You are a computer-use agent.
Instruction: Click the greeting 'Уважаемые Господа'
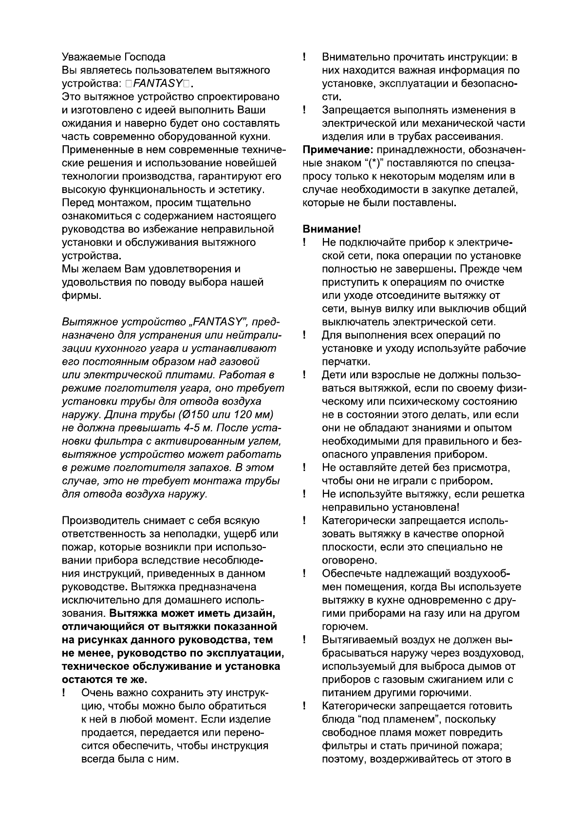pos(113,57)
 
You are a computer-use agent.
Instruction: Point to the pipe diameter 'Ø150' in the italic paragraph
pos(191,414)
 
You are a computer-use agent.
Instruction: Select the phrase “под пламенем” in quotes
pos(393,719)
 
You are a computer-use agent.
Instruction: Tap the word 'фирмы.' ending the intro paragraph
pos(82,295)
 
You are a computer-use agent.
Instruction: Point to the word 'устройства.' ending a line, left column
pos(92,255)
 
